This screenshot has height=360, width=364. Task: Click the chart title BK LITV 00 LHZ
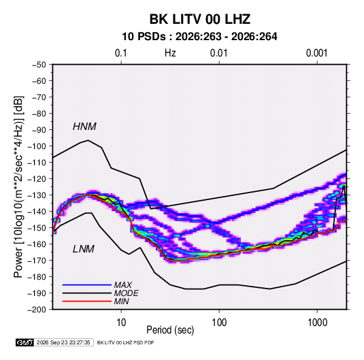(200, 19)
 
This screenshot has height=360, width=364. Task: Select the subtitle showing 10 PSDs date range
(199, 37)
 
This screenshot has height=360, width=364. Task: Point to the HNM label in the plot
(84, 127)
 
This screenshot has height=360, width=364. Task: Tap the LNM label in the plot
(84, 249)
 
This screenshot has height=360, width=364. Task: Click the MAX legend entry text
(123, 285)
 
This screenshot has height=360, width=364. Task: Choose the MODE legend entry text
(127, 293)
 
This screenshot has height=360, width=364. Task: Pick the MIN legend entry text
(121, 301)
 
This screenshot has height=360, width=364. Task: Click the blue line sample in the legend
(87, 284)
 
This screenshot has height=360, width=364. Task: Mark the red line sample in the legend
(87, 301)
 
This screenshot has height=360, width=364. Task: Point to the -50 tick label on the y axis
(39, 65)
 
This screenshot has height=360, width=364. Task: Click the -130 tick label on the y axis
(37, 195)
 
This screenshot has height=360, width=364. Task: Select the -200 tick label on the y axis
(37, 310)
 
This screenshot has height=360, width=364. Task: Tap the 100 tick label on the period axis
(219, 323)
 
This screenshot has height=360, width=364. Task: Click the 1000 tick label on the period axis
(317, 323)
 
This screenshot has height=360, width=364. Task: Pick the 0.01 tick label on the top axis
(218, 53)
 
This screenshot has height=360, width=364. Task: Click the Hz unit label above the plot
(170, 53)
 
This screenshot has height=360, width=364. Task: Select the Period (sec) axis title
(170, 330)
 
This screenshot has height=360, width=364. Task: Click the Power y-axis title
(18, 186)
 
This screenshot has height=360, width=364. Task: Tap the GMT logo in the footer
(25, 342)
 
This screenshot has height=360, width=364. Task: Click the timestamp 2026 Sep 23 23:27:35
(63, 342)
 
